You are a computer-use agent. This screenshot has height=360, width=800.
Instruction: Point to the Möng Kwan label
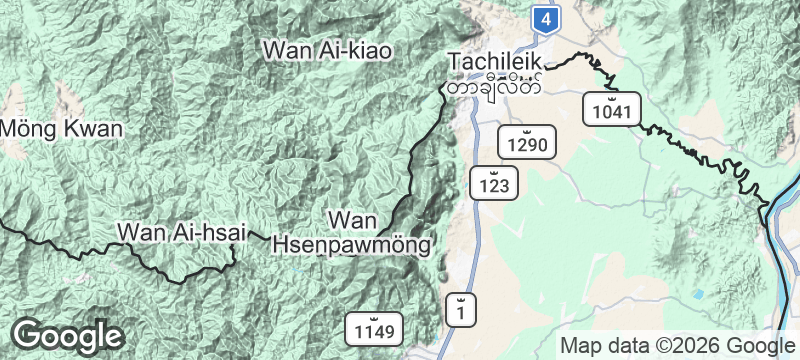tap(61, 128)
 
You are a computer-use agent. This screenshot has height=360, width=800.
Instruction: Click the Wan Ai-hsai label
tap(181, 232)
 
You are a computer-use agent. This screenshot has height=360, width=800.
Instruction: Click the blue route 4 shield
tap(544, 18)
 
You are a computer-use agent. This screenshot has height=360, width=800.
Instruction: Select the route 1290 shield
tap(526, 145)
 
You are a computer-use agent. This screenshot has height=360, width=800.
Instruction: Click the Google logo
tap(67, 336)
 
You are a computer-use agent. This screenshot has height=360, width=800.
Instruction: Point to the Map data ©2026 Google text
tap(675, 345)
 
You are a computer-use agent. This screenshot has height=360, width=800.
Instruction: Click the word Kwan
tap(96, 128)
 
